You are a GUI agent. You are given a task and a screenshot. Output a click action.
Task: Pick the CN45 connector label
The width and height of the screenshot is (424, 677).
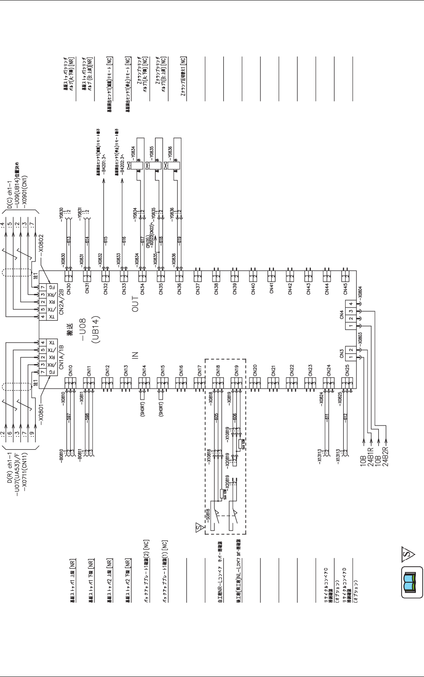[345, 289]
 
